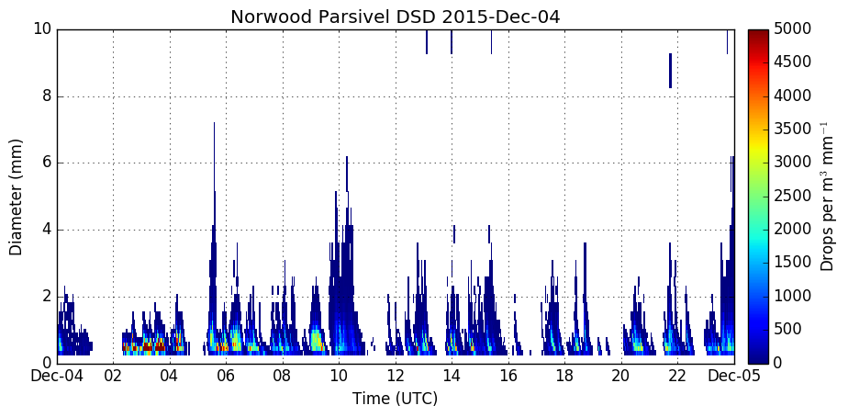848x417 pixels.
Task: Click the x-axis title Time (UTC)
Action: click(396, 400)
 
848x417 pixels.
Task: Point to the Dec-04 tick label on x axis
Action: click(57, 376)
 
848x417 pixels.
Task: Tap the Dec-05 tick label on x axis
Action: click(735, 376)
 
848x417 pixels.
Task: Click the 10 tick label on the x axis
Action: click(339, 376)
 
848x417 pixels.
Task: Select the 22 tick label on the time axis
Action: click(678, 376)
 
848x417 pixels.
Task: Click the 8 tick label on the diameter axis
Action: click(46, 96)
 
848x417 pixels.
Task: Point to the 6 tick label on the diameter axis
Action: click(46, 163)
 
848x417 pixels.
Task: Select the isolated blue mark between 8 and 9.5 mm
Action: click(670, 71)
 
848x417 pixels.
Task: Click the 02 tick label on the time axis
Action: click(113, 376)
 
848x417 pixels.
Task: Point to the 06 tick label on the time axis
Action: click(226, 376)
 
